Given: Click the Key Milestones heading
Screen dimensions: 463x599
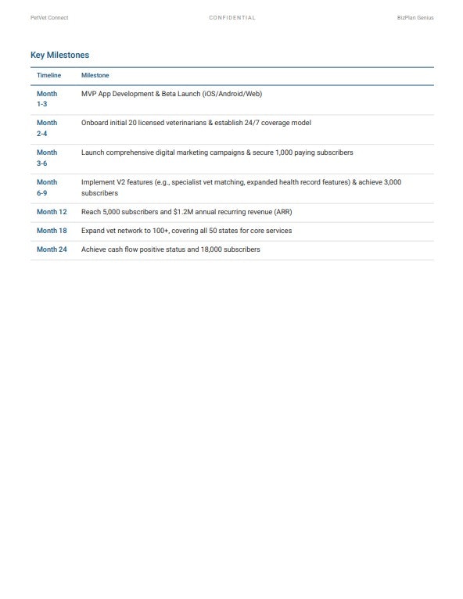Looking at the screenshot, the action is tap(59, 55).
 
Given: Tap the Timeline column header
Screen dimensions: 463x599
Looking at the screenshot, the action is tap(48, 75).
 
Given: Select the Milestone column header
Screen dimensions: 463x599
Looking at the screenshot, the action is tap(95, 75).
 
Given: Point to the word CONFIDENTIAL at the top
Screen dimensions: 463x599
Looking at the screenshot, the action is tap(231, 17).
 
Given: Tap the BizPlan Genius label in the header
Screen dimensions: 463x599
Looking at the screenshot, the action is tap(415, 17).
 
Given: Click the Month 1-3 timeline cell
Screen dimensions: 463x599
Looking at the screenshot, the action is tap(47, 99).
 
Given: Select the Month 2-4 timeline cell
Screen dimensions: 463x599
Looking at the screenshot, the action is tap(47, 128).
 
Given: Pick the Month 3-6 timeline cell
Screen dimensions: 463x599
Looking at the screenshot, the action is tap(47, 158).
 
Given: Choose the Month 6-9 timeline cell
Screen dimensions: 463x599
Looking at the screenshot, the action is tap(47, 188).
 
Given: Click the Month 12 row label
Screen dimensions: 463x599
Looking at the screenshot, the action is tap(52, 212).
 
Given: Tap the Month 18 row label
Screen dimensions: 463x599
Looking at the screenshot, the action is tap(52, 231).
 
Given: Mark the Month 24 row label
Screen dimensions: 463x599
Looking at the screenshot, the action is tap(52, 249).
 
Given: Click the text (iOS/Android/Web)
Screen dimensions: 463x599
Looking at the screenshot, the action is tap(232, 94).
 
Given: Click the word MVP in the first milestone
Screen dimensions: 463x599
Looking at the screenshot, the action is tap(89, 94).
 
